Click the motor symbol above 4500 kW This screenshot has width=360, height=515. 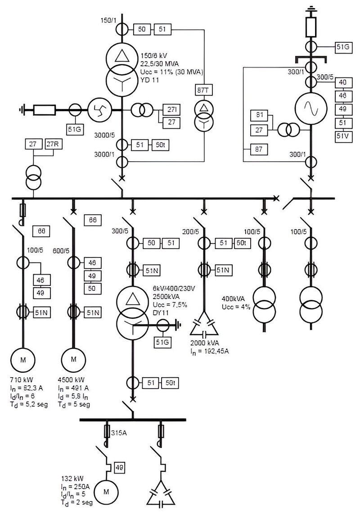74,359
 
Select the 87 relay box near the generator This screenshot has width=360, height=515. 258,149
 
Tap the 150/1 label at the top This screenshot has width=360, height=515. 109,21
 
